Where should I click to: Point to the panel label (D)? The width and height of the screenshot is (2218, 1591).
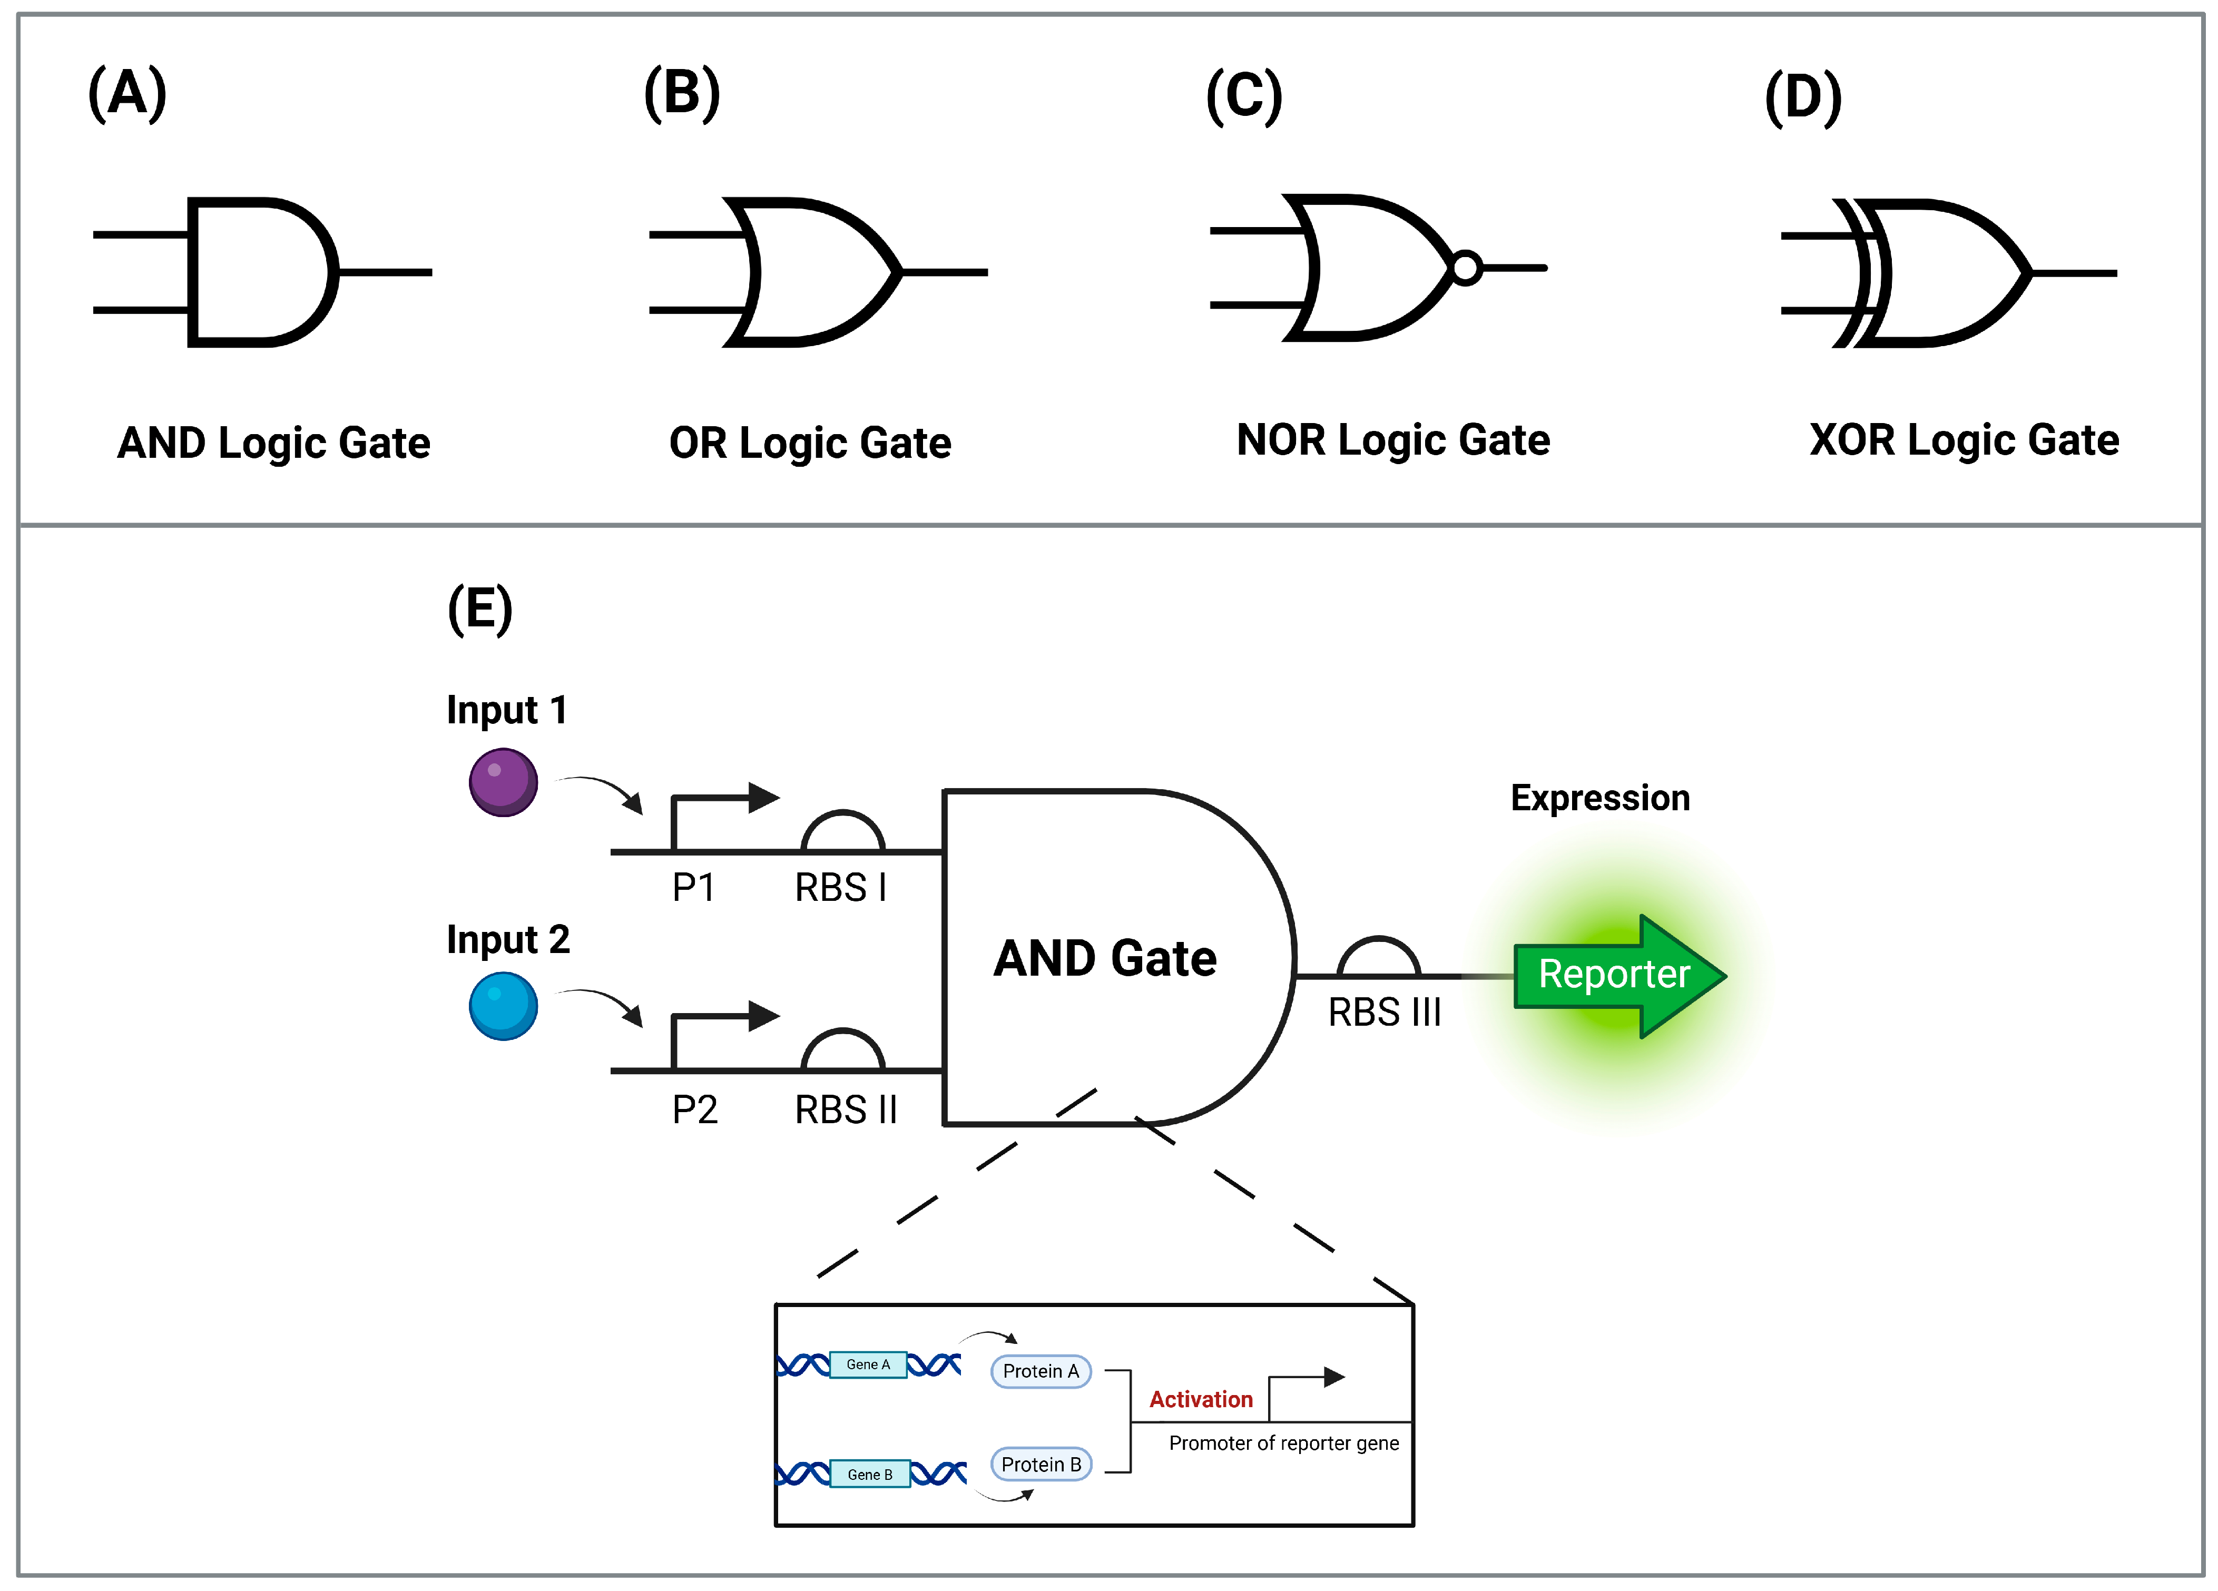1802,98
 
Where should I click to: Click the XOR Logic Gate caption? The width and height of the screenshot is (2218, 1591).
1964,440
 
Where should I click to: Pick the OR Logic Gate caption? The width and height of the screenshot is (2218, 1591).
810,443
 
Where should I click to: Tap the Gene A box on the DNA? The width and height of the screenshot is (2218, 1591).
868,1364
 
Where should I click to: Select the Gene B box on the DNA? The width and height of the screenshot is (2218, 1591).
869,1474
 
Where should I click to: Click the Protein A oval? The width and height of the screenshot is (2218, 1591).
1041,1371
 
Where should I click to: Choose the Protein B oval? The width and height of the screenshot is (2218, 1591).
1041,1464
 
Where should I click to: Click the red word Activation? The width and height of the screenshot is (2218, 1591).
1200,1399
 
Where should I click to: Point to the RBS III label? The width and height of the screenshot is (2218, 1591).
1384,1012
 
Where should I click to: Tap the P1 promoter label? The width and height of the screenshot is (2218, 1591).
693,888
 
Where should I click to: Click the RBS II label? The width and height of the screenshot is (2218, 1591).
845,1110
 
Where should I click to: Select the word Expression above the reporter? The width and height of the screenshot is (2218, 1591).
1600,798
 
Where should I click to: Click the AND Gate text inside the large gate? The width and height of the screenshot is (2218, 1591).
1105,958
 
